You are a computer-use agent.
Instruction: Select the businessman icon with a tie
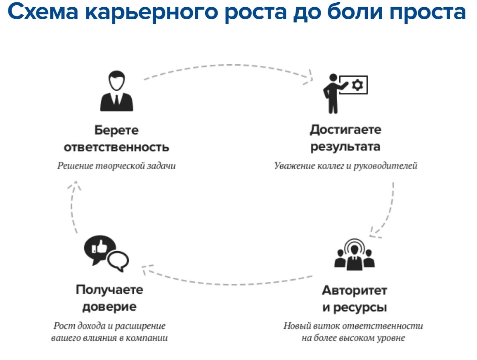click(x=116, y=91)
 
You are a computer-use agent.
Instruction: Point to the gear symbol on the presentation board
click(x=357, y=85)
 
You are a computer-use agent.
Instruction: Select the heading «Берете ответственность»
click(x=116, y=138)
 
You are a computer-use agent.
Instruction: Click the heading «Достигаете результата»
click(x=345, y=138)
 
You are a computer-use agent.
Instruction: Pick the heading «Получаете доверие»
click(x=109, y=298)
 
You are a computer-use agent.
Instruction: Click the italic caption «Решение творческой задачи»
click(x=116, y=166)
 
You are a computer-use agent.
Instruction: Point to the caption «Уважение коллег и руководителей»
click(x=346, y=166)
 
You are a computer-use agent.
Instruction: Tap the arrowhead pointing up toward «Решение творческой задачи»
click(x=74, y=186)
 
